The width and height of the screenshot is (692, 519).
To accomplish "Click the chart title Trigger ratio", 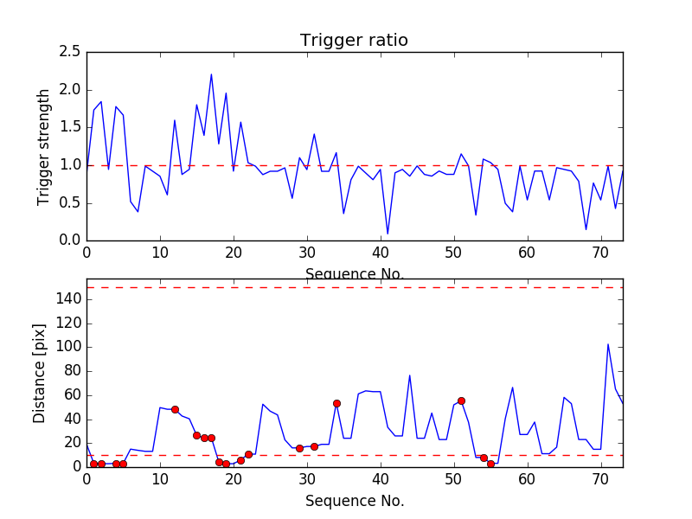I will [x=354, y=41].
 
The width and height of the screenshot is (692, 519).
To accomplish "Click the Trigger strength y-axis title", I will [x=44, y=146].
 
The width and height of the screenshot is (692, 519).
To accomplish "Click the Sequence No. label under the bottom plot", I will [x=354, y=501].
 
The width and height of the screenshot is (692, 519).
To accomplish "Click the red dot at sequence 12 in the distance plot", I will [x=175, y=409].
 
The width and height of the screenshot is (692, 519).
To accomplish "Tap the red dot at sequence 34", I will [x=336, y=403].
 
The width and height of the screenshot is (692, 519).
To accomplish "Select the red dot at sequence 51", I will [x=461, y=400].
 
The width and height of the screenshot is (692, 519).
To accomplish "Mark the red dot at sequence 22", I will [x=248, y=454].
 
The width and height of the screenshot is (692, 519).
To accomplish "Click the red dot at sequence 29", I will [x=299, y=448].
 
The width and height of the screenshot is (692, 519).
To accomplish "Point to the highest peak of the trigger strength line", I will [x=211, y=74].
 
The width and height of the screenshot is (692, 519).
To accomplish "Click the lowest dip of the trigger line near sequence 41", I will [x=388, y=234].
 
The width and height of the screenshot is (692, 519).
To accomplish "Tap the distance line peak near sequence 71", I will [x=608, y=344].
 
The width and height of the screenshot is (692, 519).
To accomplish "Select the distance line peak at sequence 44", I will [x=410, y=375].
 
